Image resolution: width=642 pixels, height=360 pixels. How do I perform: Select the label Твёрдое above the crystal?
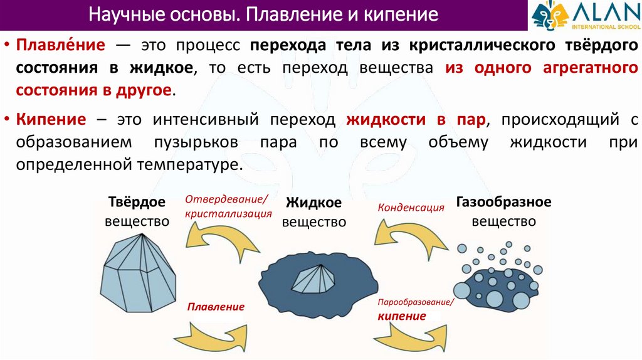click(137, 203)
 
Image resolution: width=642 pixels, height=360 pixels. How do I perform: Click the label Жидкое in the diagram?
click(313, 203)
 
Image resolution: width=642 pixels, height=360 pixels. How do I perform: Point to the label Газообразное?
click(503, 203)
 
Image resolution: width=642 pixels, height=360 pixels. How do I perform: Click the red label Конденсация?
click(411, 206)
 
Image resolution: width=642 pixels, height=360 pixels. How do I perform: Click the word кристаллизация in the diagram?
click(228, 214)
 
